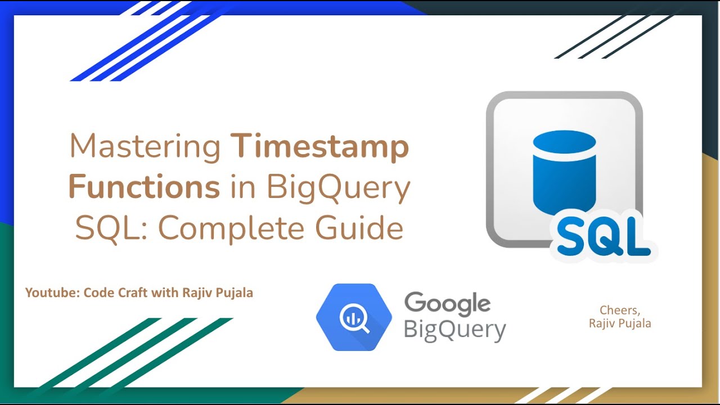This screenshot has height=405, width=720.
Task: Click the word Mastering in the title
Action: pos(145,147)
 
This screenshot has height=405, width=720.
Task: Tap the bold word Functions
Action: pos(144,188)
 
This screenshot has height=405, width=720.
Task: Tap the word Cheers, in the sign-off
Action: pos(620,310)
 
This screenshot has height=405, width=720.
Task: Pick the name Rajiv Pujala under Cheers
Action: pos(620,323)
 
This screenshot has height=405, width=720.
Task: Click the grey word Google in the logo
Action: pos(447,304)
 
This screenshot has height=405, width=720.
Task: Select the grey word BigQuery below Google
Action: pos(454,329)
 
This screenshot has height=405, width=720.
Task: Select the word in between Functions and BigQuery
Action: pos(243,188)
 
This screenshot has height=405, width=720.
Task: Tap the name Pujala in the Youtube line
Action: pos(236,293)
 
